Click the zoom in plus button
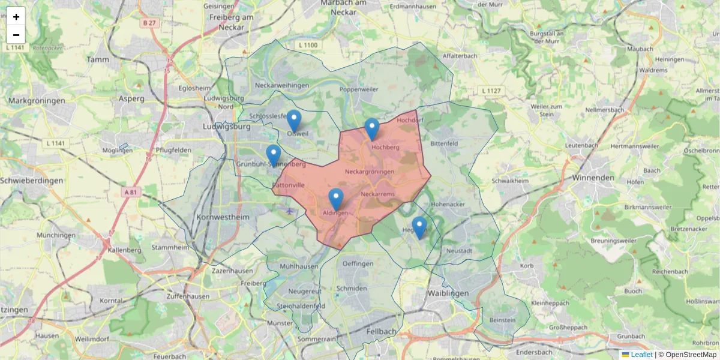(16, 17)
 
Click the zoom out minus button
(16, 35)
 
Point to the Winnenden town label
(593, 178)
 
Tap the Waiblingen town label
(447, 293)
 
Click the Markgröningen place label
(37, 101)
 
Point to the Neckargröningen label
(370, 172)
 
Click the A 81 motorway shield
(132, 192)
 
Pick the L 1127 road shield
(491, 91)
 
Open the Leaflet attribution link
(641, 355)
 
